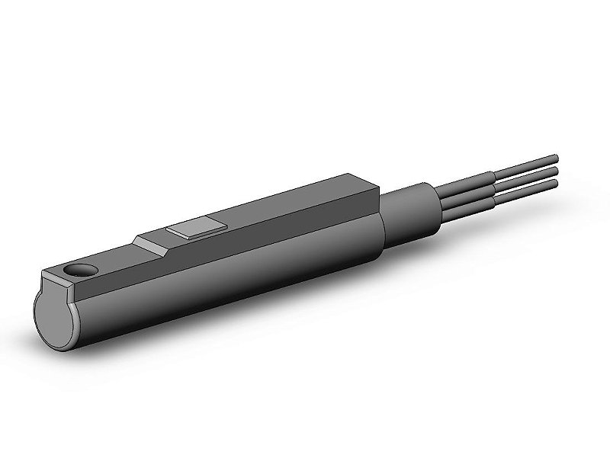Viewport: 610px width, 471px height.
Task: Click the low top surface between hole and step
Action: pyautogui.click(x=111, y=259)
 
